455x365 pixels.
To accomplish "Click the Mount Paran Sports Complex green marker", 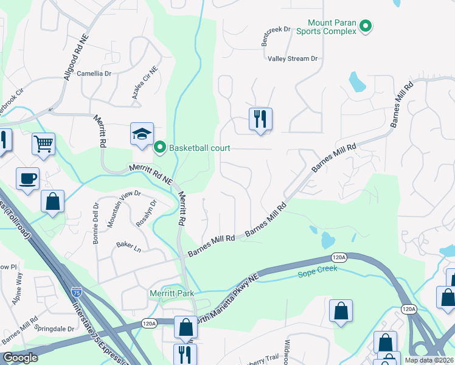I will pyautogui.click(x=366, y=26).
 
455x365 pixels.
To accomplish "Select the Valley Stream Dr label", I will pyautogui.click(x=293, y=58).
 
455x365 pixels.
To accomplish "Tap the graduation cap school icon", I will pyautogui.click(x=142, y=134).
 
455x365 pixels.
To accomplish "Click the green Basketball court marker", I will pyautogui.click(x=160, y=147).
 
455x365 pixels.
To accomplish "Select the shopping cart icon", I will pyautogui.click(x=44, y=144).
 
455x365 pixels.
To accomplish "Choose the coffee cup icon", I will pyautogui.click(x=28, y=179).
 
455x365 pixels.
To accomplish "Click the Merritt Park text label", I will pyautogui.click(x=172, y=293).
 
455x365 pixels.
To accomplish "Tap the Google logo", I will pyautogui.click(x=21, y=358).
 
